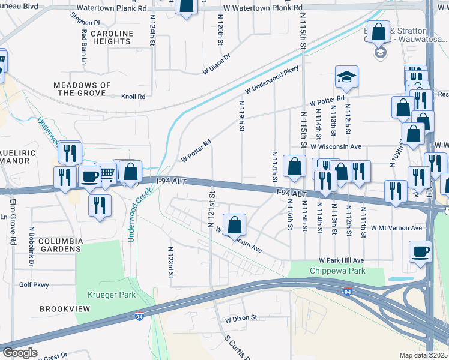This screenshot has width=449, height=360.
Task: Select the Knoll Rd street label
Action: click(x=133, y=97)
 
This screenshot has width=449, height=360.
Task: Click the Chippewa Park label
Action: click(x=337, y=271)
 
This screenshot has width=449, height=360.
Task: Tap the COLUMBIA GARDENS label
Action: click(x=59, y=245)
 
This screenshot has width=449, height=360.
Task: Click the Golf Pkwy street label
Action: click(x=33, y=286)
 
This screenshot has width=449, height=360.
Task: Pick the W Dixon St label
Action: click(x=241, y=317)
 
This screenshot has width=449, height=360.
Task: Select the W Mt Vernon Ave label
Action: click(x=396, y=228)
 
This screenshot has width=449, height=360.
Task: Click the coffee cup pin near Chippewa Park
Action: click(x=420, y=251)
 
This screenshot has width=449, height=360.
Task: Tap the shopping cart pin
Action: click(x=106, y=173)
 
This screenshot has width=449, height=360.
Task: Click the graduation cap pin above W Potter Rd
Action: click(x=346, y=76)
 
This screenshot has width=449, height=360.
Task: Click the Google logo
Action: click(x=19, y=353)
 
